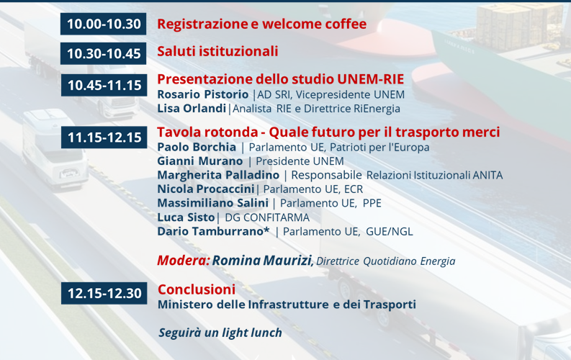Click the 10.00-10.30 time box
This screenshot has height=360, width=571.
[x=104, y=24]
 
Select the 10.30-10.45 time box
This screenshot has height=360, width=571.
[x=104, y=53]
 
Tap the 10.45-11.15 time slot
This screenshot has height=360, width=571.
[x=104, y=85]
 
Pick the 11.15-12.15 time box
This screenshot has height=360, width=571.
[x=104, y=138]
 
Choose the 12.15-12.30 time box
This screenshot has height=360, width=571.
[x=104, y=293]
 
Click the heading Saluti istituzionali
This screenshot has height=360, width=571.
[x=217, y=51]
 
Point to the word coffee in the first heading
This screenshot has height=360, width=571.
[x=346, y=24]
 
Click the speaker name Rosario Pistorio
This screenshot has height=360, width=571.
[x=203, y=94]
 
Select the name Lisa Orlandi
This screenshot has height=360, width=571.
[x=192, y=108]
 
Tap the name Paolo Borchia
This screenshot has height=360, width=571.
[x=197, y=147]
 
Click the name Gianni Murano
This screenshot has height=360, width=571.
[x=200, y=161]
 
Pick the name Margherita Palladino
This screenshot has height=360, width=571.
[x=218, y=175]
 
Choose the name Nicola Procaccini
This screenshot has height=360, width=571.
[x=206, y=189]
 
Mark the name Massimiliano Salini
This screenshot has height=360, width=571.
[x=212, y=203]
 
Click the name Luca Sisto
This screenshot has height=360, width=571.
[x=186, y=217]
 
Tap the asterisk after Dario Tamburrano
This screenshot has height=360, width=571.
[x=266, y=229]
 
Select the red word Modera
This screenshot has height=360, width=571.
[x=183, y=261]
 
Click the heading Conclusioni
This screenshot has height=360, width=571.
[x=197, y=289]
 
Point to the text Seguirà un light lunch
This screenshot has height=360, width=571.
[x=220, y=333]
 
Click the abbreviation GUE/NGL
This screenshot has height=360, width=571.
[x=390, y=232]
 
